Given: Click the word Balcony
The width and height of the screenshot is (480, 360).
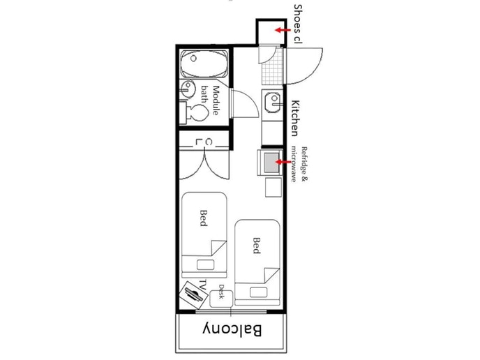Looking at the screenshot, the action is tap(232, 330).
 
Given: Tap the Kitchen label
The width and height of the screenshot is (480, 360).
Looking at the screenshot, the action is tap(295, 118).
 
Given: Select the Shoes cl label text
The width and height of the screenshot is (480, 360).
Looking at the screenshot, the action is tap(298, 24).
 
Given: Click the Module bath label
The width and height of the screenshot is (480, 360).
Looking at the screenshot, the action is tap(211, 100).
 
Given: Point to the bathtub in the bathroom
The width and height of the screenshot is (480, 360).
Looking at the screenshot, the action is tap(204, 63).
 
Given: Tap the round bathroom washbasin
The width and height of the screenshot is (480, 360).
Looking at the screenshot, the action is tap(188, 89).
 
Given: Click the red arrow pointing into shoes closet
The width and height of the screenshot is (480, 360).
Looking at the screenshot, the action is tap(283, 30).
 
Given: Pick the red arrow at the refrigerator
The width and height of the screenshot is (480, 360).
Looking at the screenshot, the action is tap(284, 162).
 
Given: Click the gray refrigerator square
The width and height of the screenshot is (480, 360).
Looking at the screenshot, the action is tap(272, 163).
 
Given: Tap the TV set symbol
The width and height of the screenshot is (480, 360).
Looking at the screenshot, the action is tap(194, 294).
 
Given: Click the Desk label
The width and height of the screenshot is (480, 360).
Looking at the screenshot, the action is tap(222, 292).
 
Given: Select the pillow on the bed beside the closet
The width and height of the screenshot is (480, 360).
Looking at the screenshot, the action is tap(205, 265).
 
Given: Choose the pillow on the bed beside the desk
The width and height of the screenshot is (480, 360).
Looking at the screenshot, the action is tap(258, 292).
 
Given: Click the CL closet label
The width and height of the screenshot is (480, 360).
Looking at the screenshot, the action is tap(204, 142).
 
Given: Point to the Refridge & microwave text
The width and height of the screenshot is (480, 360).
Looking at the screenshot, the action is tap(299, 165).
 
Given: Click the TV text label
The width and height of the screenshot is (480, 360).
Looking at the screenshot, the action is tap(202, 284).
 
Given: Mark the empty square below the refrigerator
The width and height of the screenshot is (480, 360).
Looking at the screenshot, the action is tap(273, 188).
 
